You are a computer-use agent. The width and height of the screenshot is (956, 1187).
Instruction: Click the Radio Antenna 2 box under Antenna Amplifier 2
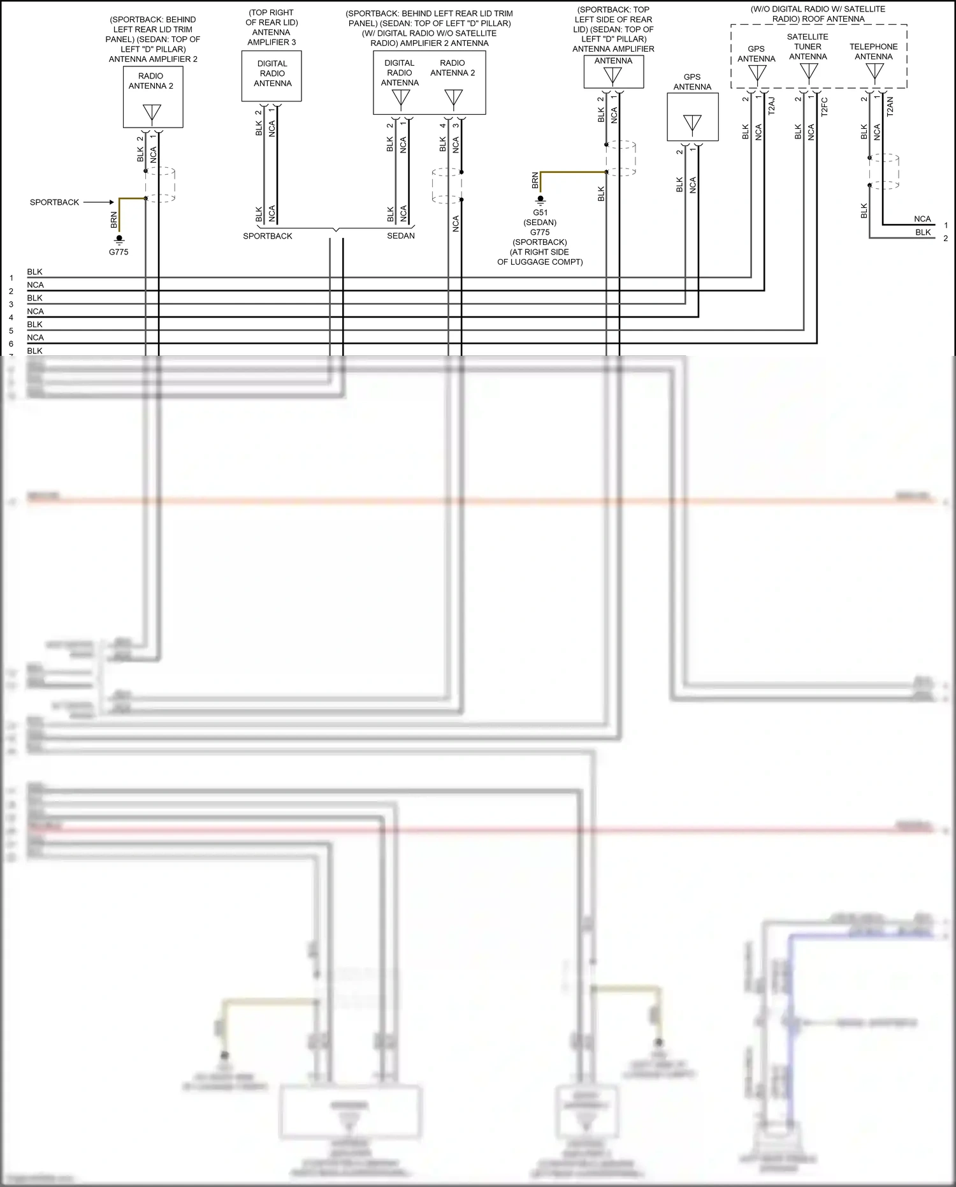tap(153, 98)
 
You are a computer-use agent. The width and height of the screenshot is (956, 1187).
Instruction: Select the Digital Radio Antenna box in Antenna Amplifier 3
tap(272, 76)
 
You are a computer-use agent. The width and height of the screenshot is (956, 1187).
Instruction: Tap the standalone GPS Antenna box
tap(692, 117)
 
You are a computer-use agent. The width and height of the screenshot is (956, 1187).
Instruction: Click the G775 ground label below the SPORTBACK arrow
tap(119, 252)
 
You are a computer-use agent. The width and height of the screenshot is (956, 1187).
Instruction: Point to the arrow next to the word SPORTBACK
tap(99, 202)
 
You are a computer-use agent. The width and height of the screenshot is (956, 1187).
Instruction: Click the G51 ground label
tap(540, 213)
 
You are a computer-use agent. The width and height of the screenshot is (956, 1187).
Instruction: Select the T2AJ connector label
tap(771, 106)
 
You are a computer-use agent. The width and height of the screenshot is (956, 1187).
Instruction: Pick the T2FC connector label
tap(824, 107)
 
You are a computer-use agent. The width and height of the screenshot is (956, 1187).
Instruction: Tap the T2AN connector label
tap(890, 106)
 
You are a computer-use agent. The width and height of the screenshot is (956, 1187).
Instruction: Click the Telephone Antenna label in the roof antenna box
tap(873, 52)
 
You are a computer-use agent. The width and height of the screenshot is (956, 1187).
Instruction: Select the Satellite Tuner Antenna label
tap(808, 47)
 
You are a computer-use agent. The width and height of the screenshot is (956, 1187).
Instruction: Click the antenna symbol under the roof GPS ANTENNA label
tap(757, 73)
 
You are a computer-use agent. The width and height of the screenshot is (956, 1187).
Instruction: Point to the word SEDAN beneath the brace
tap(401, 236)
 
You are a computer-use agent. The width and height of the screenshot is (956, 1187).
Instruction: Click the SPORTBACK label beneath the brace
tap(268, 236)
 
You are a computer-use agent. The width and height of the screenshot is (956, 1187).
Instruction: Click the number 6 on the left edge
tap(11, 344)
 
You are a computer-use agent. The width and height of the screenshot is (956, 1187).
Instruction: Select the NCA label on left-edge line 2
tap(36, 285)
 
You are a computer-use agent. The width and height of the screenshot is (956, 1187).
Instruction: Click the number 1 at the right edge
tap(946, 225)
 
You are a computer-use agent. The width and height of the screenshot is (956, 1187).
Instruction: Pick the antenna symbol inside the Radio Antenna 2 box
tap(152, 114)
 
